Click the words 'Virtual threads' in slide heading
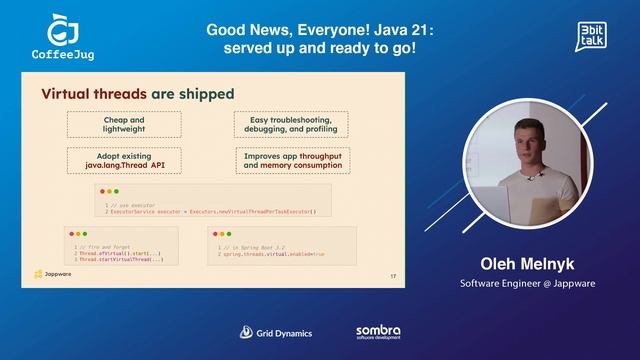(x=96, y=94)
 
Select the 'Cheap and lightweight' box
(x=124, y=125)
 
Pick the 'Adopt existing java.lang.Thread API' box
(x=124, y=160)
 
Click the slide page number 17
(x=393, y=276)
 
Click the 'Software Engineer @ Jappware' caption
(x=527, y=283)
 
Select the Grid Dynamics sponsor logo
(x=275, y=332)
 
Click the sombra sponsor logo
(x=378, y=331)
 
